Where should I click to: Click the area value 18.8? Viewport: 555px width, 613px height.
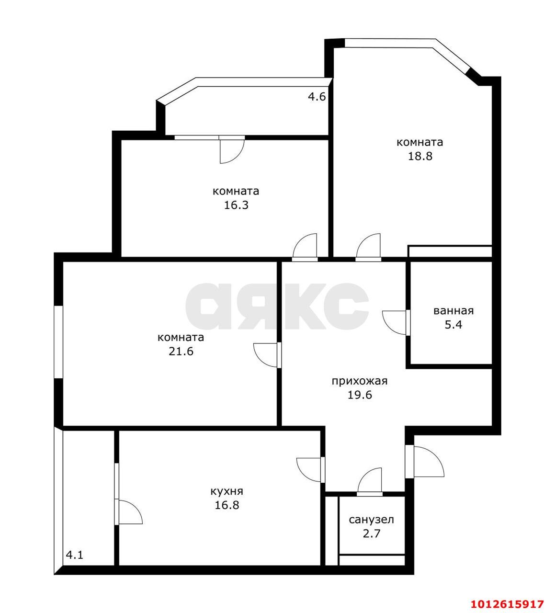point(420,156)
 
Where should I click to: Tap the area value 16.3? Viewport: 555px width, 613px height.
point(236,205)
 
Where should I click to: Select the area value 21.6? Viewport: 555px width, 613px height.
point(181,352)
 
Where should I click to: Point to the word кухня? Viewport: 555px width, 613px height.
point(227,492)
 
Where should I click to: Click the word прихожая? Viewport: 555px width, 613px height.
point(360,381)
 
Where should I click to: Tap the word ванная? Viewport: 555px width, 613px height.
point(453,311)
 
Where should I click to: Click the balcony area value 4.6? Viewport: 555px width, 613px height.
point(317,97)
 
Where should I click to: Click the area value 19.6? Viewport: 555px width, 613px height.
point(360,395)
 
